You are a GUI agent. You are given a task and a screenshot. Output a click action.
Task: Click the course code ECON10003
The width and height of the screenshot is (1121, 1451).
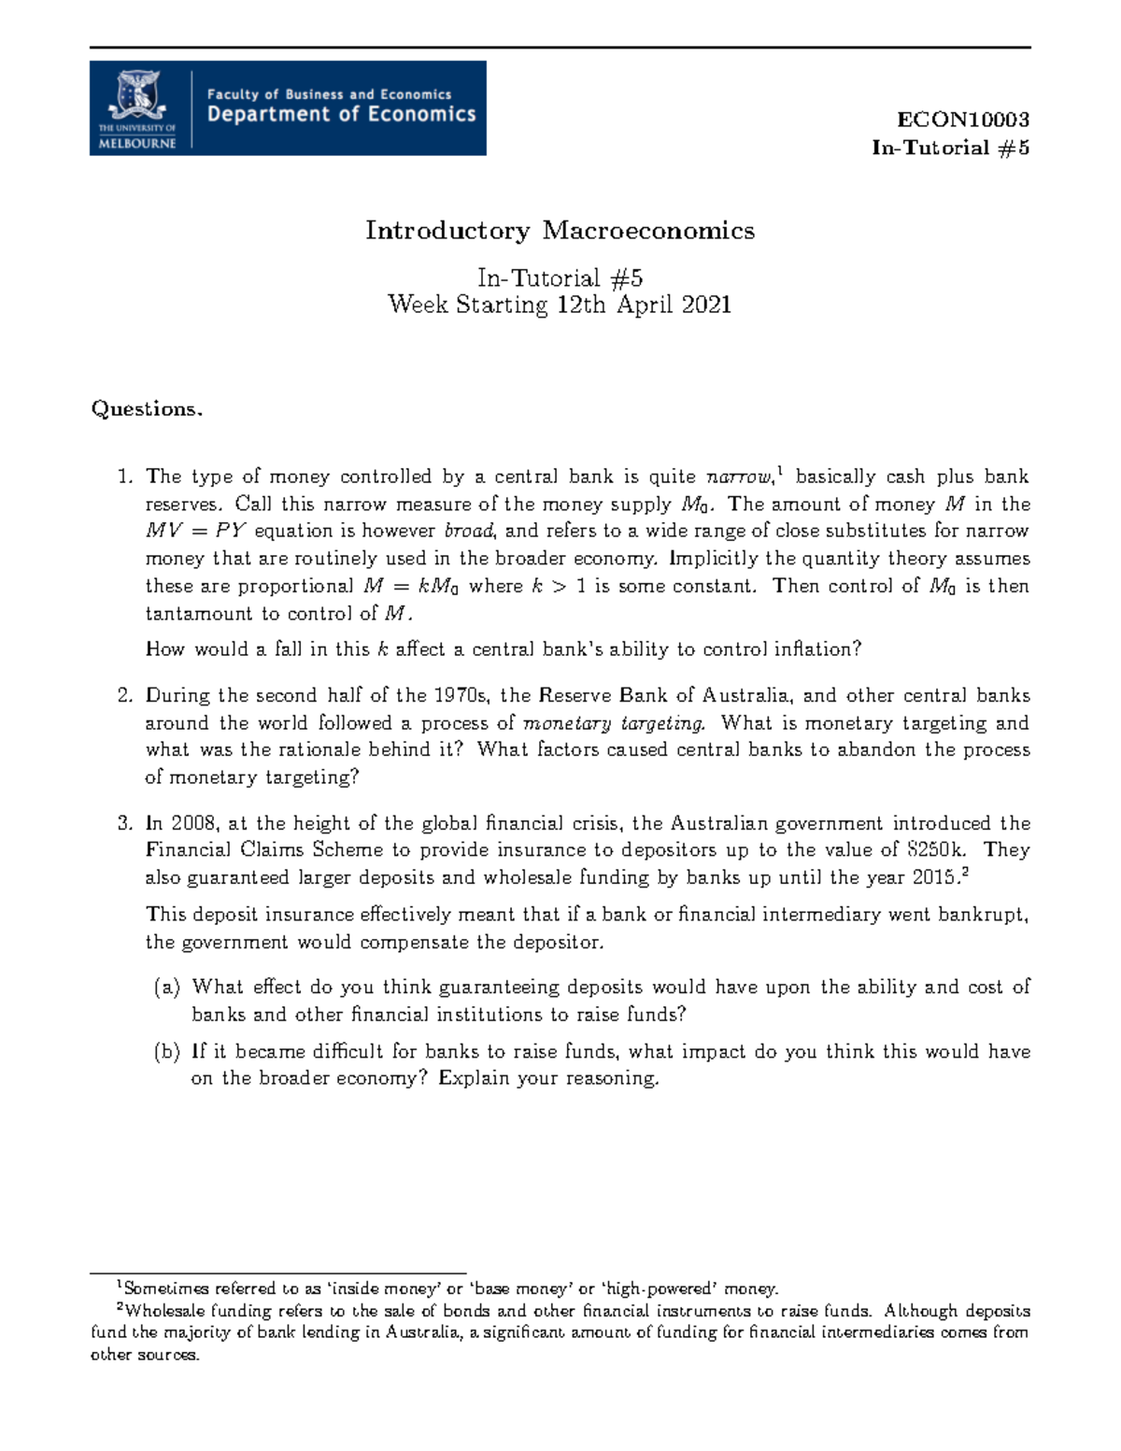tap(963, 120)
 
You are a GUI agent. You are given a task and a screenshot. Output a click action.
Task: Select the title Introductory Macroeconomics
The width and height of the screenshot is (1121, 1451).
tap(560, 231)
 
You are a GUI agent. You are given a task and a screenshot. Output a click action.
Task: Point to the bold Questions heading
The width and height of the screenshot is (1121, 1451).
tap(146, 409)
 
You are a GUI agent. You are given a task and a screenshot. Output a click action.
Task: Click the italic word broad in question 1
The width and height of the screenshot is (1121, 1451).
tap(472, 531)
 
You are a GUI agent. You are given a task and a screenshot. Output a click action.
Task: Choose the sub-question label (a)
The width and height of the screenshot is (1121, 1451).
tap(167, 987)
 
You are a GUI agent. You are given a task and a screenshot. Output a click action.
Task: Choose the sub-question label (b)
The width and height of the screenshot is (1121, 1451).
tap(167, 1051)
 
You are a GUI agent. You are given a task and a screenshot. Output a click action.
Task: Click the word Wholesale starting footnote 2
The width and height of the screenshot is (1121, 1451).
tap(166, 1311)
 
